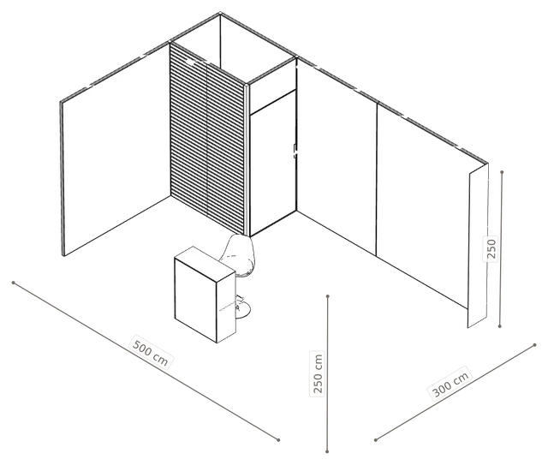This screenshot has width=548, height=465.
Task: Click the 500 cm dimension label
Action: point(152,352)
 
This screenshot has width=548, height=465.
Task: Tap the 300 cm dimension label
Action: point(450,383)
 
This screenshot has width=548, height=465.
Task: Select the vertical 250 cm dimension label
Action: point(318,373)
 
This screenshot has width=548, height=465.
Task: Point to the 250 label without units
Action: point(491,248)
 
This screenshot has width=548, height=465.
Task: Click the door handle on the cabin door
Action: point(295,150)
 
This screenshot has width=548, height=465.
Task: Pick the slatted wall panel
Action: point(207,138)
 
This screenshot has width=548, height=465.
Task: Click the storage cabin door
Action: point(273,163)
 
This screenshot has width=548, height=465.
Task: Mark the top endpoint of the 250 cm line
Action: point(327,296)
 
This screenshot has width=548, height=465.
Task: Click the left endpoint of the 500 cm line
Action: point(14,283)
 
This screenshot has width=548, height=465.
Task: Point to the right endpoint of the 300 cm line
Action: point(534,345)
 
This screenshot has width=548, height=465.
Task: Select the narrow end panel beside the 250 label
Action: point(478,246)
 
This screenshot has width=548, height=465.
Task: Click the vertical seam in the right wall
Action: point(377,179)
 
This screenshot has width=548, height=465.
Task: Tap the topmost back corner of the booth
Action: point(220,14)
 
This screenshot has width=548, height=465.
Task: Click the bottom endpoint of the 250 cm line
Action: point(327,451)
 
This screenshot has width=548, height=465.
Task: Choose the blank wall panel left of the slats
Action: point(116,151)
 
